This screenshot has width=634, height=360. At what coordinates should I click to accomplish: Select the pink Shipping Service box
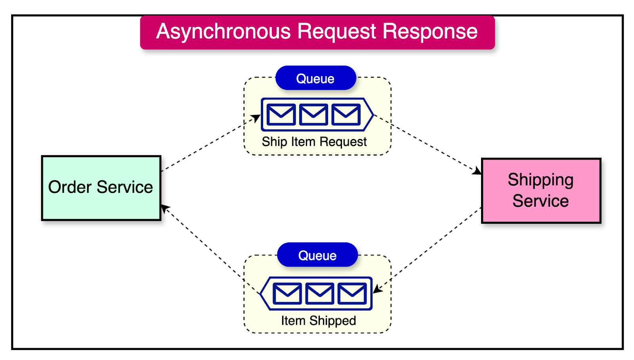[541, 190]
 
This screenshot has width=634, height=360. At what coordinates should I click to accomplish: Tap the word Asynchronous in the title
[223, 32]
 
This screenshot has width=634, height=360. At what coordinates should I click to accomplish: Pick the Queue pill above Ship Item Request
[316, 78]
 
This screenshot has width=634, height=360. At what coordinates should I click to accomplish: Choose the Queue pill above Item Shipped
[317, 255]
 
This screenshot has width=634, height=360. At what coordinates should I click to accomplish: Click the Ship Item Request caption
[314, 142]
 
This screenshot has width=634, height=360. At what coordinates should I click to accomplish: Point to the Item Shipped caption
[318, 320]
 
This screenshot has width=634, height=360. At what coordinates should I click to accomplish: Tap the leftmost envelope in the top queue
[281, 114]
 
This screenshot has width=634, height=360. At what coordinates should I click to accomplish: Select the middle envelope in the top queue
[313, 114]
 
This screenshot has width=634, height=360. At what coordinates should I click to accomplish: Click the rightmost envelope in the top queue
[346, 114]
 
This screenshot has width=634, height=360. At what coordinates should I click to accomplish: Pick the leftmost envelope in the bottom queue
[287, 293]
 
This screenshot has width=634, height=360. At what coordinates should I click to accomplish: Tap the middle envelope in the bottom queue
[319, 293]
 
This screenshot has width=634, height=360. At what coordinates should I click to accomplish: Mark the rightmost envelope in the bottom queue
[352, 293]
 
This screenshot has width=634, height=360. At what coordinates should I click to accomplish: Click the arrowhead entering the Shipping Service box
[477, 171]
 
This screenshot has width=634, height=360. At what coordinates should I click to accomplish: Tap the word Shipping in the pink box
[540, 180]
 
